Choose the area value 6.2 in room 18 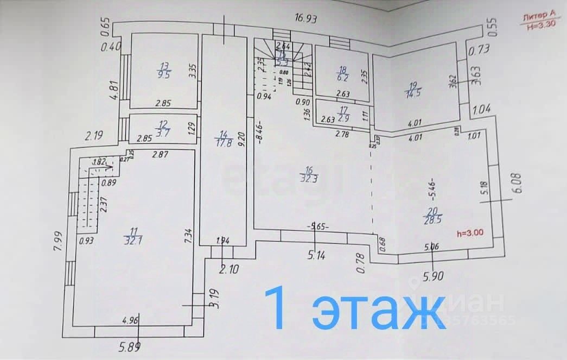(x=342, y=78)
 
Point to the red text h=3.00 (x=469, y=234)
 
